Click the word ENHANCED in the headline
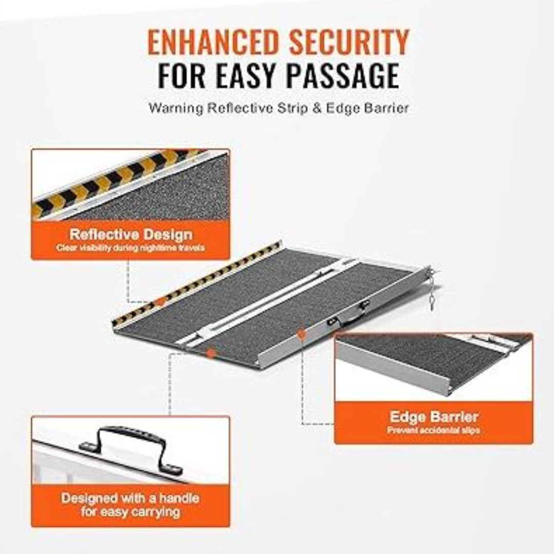213,42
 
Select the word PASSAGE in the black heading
342,75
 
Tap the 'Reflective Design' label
131,234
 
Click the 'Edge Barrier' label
434,417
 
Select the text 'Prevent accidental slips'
433,430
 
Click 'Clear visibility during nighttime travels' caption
130,248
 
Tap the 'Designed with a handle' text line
130,498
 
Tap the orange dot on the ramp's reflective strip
161,302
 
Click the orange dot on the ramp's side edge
301,333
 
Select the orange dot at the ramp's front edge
211,352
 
